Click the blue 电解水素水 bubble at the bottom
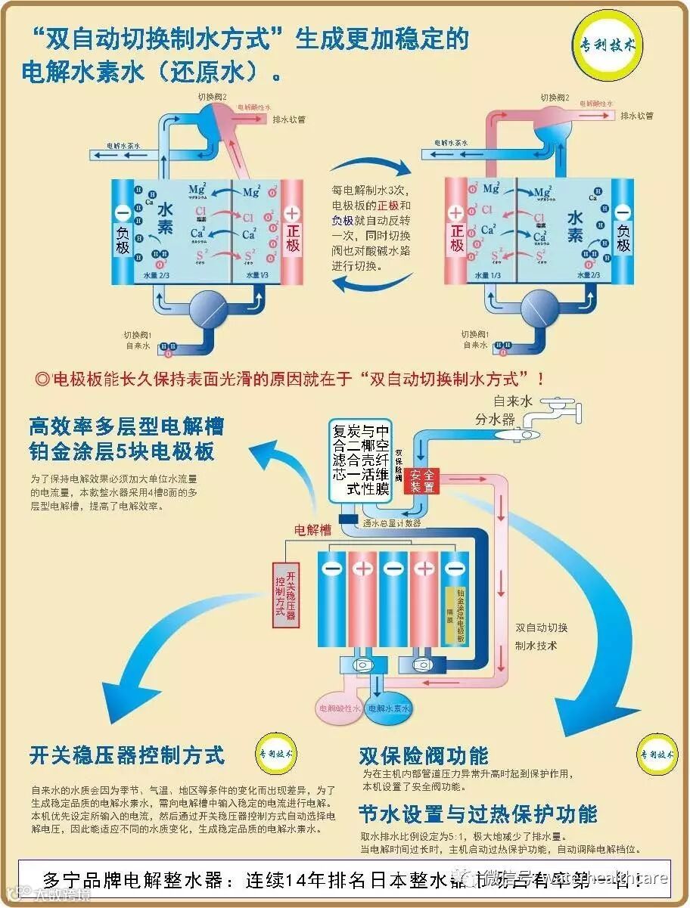click(x=388, y=709)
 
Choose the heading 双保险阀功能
click(x=424, y=755)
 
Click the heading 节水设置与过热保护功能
click(x=478, y=814)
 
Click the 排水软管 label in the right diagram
click(x=637, y=116)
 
